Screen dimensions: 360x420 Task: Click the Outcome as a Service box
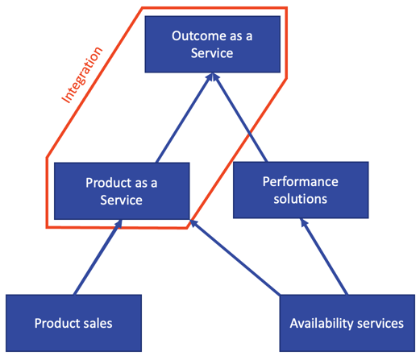click(x=213, y=44)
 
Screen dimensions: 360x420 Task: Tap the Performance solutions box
click(x=300, y=190)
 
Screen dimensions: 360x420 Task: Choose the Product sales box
click(x=73, y=323)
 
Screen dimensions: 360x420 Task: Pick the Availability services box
click(x=347, y=323)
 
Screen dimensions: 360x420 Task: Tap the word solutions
click(x=300, y=199)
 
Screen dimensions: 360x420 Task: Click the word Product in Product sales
click(x=56, y=323)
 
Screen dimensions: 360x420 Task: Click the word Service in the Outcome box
click(x=213, y=53)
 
